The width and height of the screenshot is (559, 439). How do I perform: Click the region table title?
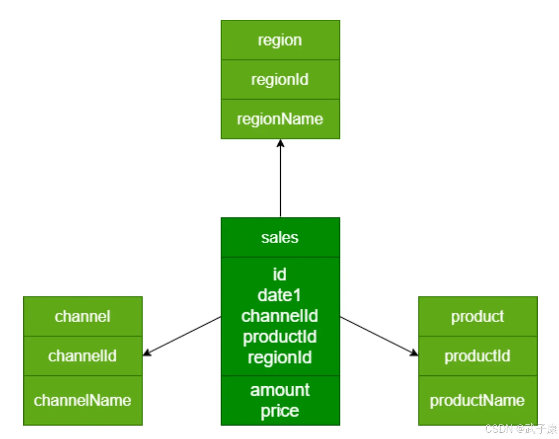pyautogui.click(x=280, y=40)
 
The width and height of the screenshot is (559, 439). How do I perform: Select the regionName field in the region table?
pyautogui.click(x=280, y=119)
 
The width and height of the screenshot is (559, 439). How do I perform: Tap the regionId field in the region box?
pyautogui.click(x=280, y=80)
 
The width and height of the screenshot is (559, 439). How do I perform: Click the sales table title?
pyautogui.click(x=280, y=238)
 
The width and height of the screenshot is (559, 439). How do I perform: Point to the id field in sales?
pyautogui.click(x=280, y=274)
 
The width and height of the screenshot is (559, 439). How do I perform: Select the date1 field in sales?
pyautogui.click(x=280, y=295)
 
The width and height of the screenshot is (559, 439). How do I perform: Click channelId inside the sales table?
pyautogui.click(x=280, y=316)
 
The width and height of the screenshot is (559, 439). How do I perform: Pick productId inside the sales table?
pyautogui.click(x=280, y=337)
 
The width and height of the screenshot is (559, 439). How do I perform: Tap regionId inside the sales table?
pyautogui.click(x=280, y=357)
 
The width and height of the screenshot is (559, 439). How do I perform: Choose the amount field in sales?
pyautogui.click(x=280, y=390)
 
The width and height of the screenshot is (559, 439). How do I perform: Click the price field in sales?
pyautogui.click(x=280, y=411)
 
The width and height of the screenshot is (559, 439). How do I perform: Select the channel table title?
pyautogui.click(x=83, y=317)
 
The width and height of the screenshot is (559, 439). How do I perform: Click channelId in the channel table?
pyautogui.click(x=83, y=356)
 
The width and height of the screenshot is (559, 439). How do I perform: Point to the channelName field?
pyautogui.click(x=83, y=400)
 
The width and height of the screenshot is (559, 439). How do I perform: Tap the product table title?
pyautogui.click(x=477, y=317)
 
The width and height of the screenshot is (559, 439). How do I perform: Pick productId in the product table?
pyautogui.click(x=477, y=356)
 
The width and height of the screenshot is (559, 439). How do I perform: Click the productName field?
pyautogui.click(x=477, y=400)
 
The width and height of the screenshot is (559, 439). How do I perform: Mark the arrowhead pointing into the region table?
pyautogui.click(x=280, y=143)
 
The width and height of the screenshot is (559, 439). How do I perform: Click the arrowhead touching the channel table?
pyautogui.click(x=147, y=353)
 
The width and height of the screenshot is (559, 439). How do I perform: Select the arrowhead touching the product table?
pyautogui.click(x=414, y=352)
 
